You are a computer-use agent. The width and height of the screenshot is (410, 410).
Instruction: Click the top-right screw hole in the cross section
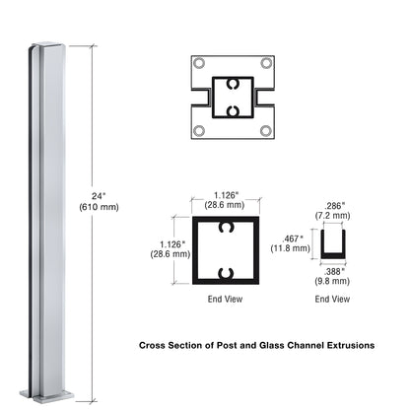pos(266,63)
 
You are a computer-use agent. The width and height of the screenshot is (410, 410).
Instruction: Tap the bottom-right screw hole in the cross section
pos(266,130)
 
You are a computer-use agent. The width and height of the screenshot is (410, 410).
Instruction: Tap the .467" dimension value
pos(297,239)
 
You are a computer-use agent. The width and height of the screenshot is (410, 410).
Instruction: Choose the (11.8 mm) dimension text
pos(296,249)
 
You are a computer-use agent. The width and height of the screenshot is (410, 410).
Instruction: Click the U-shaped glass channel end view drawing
pos(334,245)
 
